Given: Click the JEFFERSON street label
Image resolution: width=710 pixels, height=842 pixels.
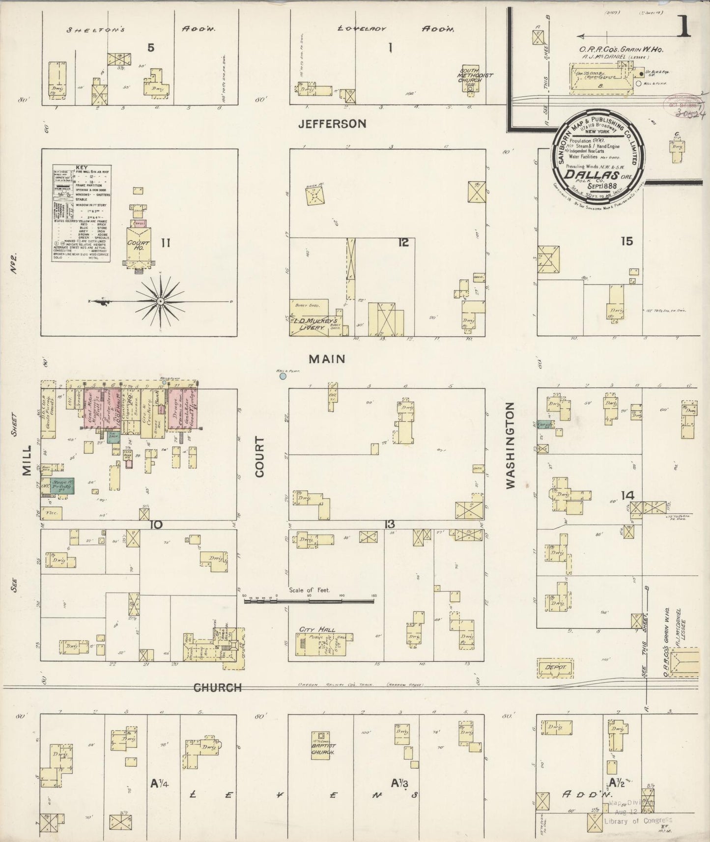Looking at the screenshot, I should click(x=332, y=123).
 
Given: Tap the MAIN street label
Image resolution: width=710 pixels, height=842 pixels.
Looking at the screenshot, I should click(x=327, y=359).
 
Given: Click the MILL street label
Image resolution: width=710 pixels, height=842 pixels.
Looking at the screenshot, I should click(x=27, y=460).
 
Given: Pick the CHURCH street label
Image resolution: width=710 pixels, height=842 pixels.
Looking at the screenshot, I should click(x=218, y=688).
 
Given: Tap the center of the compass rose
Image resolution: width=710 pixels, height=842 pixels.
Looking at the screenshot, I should click(x=160, y=301).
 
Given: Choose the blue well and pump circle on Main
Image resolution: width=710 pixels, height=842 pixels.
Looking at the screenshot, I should click(x=283, y=376).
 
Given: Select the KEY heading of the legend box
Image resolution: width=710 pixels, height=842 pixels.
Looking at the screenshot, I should click(x=82, y=168).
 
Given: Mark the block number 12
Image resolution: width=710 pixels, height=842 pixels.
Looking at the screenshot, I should click(x=403, y=242).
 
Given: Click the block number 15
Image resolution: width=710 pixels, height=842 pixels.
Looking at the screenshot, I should click(x=626, y=241).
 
